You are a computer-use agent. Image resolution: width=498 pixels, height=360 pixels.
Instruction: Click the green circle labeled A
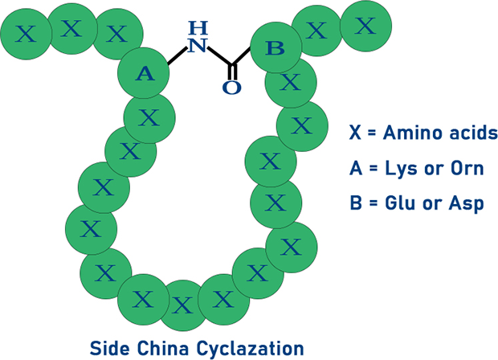tap(145, 74)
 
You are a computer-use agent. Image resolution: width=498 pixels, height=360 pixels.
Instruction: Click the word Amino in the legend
tap(405, 132)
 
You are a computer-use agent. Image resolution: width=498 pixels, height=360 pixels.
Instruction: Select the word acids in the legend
tap(465, 132)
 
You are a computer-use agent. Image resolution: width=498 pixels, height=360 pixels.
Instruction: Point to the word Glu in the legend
tap(394, 203)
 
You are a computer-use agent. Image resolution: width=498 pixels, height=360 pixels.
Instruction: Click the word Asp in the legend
tap(467, 204)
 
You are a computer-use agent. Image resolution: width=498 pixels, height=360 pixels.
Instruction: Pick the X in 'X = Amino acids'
tap(355, 133)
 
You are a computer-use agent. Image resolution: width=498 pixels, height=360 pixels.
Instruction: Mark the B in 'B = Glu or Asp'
tap(355, 203)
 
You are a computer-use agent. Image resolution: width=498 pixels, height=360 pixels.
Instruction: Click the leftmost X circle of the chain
tap(27, 34)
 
